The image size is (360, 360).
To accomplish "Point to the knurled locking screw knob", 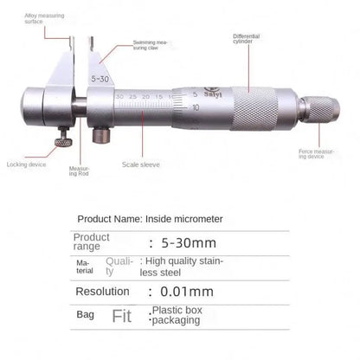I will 63,141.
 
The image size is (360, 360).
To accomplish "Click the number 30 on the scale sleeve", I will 118,96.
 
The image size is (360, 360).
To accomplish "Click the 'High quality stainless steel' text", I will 184,266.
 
